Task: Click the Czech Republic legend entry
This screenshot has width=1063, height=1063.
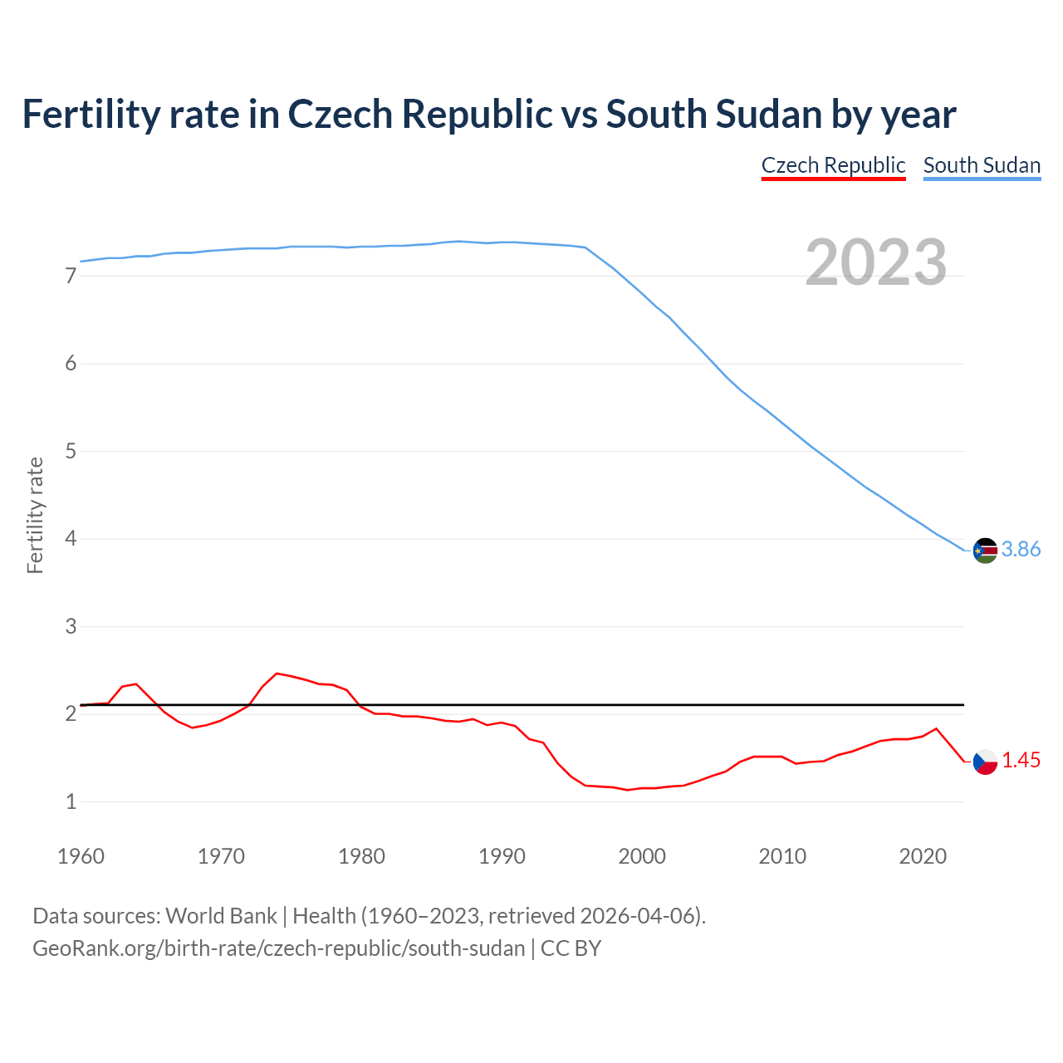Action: click(833, 165)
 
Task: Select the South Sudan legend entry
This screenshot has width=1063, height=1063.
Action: click(982, 165)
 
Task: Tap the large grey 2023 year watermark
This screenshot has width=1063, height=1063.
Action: click(875, 262)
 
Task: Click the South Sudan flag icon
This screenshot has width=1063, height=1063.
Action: click(985, 550)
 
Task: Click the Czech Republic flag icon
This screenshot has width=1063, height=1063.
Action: click(985, 762)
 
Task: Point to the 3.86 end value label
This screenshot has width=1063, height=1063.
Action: click(1021, 550)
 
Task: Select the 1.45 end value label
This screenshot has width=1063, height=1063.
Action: click(1021, 761)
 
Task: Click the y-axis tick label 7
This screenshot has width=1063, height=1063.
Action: click(71, 277)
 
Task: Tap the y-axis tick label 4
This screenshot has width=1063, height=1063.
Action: click(71, 539)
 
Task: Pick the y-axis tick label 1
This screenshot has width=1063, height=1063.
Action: click(71, 802)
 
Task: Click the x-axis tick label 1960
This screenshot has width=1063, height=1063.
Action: click(81, 856)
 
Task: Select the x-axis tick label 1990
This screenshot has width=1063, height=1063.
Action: click(502, 856)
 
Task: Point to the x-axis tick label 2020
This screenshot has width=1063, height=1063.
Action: click(923, 856)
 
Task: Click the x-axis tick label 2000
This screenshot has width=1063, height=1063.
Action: click(642, 856)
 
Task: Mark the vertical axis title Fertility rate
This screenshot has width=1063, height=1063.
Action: click(35, 515)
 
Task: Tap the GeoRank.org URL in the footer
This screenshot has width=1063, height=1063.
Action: click(278, 948)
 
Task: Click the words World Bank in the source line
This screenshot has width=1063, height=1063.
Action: click(221, 916)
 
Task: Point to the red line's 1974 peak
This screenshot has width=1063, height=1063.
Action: click(277, 674)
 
